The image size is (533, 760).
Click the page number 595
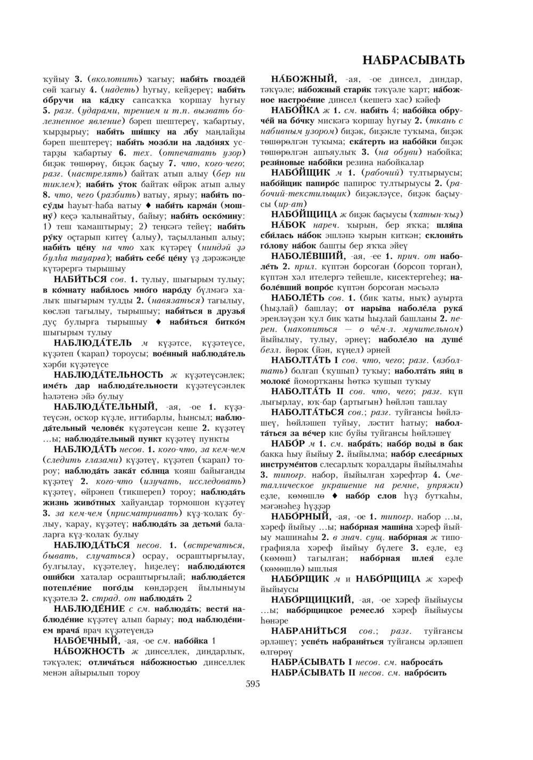pyautogui.click(x=253, y=684)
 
